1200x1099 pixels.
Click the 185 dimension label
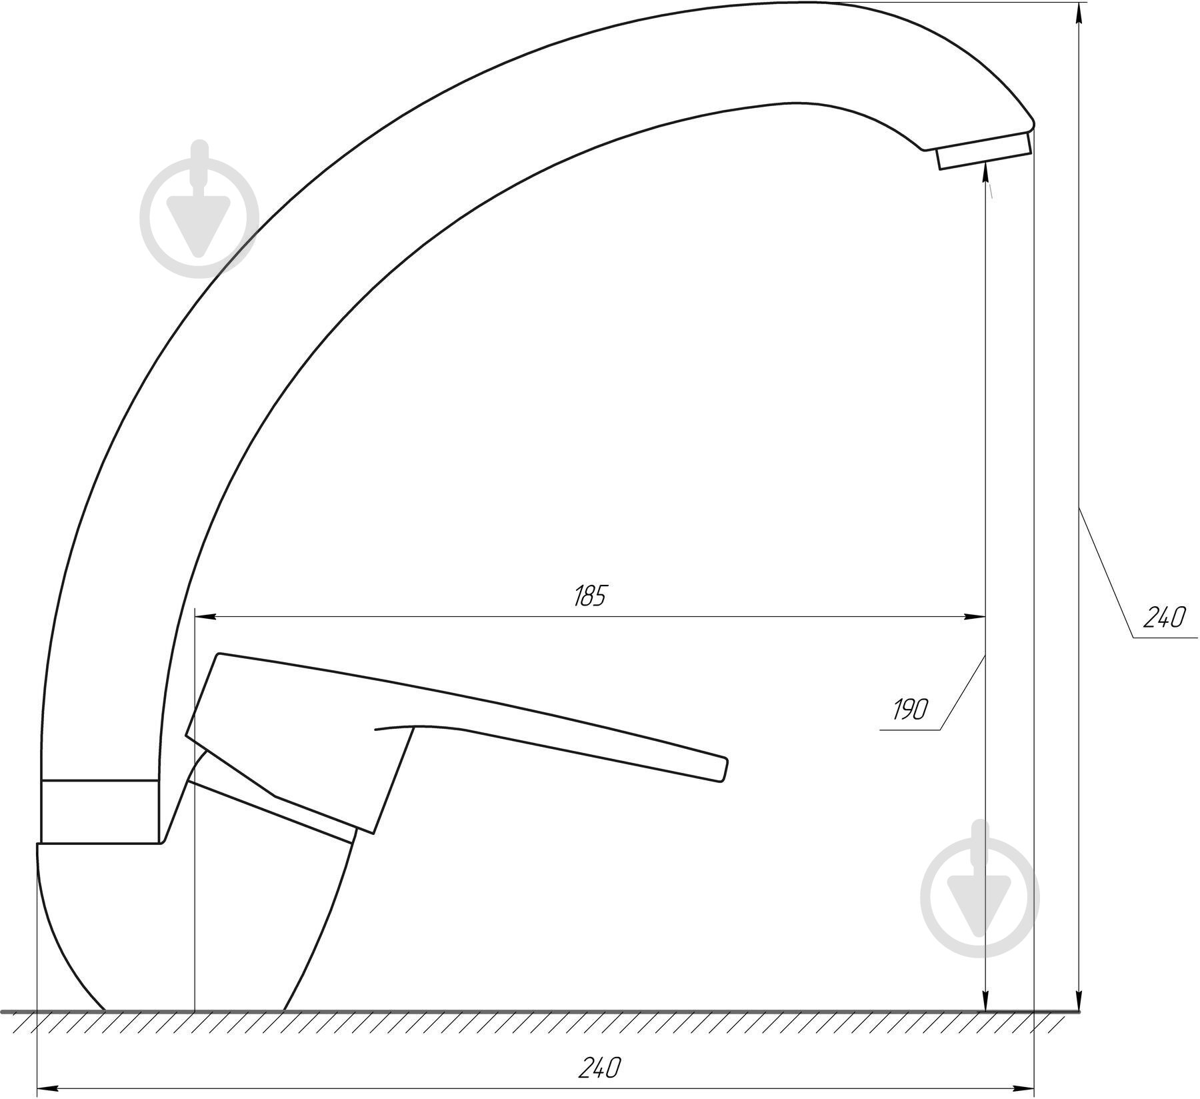click(x=589, y=596)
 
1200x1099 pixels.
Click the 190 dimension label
click(x=910, y=710)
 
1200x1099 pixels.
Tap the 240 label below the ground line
click(x=598, y=1068)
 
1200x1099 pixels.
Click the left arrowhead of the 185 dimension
click(x=203, y=617)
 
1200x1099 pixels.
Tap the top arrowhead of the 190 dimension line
click(x=985, y=175)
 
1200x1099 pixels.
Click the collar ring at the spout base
click(x=100, y=810)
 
